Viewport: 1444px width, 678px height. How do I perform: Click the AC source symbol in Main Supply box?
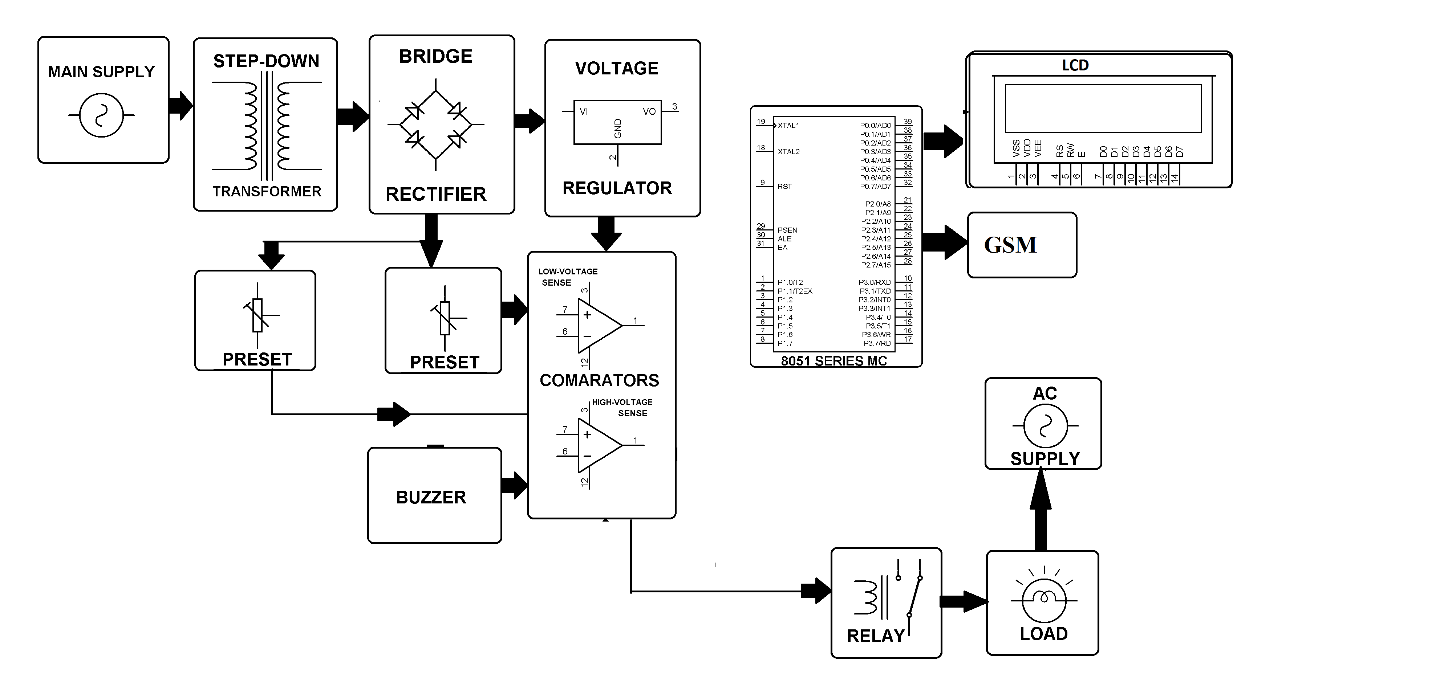101,115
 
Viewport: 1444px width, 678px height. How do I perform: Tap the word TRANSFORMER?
267,192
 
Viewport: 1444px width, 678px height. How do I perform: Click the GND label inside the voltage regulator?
618,128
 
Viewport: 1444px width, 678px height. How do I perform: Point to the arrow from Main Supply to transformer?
180,105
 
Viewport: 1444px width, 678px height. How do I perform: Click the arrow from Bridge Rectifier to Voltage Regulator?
529,121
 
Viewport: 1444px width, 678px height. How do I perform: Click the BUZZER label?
431,497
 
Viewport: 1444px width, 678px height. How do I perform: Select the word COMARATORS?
599,380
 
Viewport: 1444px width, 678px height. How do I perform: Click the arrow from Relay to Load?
963,601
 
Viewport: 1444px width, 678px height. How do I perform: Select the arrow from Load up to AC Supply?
1041,510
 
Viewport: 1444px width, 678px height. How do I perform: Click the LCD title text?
1075,66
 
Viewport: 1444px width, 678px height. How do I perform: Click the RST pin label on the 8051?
785,187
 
